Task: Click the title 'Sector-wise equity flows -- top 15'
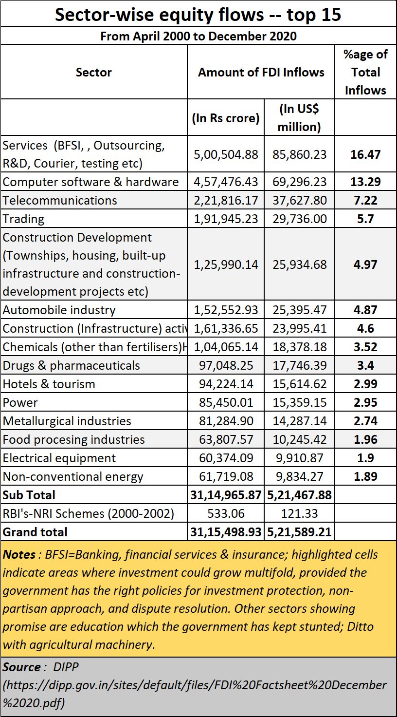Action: click(198, 15)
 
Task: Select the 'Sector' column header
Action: click(94, 73)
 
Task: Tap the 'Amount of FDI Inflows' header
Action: click(261, 73)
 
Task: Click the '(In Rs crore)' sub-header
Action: click(226, 118)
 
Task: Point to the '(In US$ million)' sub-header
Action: click(299, 118)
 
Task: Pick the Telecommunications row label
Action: click(60, 200)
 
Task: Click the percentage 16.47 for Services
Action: click(365, 154)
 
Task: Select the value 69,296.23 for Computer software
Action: click(300, 182)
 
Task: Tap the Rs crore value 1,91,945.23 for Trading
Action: click(226, 219)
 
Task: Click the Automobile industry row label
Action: click(59, 310)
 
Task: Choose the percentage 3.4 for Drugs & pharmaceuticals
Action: click(365, 365)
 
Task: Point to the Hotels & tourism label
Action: click(49, 384)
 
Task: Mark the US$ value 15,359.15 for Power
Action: click(300, 403)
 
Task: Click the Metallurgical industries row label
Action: click(67, 421)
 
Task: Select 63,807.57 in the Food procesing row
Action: click(226, 439)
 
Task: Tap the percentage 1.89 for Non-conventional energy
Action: click(365, 476)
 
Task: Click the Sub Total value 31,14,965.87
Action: click(226, 495)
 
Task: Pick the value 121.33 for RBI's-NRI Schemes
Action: click(299, 514)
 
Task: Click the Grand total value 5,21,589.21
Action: click(299, 532)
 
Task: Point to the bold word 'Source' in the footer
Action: click(21, 667)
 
